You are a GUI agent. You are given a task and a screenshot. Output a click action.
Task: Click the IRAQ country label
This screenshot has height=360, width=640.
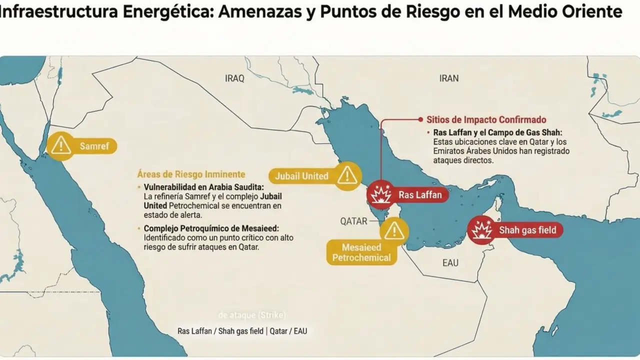(234, 78)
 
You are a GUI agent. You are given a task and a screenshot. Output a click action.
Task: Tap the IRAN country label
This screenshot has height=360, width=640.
(448, 78)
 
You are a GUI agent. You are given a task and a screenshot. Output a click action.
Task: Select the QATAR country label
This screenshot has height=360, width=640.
(354, 221)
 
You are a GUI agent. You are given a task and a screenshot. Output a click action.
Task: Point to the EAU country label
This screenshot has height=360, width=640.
(450, 263)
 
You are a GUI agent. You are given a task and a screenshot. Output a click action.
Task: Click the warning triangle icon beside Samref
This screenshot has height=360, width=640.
(60, 145)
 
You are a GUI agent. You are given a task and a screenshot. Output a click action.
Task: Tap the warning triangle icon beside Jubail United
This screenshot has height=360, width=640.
(346, 175)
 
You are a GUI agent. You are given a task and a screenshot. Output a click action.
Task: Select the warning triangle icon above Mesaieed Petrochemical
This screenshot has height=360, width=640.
(394, 230)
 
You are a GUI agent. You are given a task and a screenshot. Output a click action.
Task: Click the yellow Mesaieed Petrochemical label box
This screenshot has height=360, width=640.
(361, 252)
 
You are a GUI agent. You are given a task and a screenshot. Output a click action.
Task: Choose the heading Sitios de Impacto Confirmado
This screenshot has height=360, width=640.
(486, 120)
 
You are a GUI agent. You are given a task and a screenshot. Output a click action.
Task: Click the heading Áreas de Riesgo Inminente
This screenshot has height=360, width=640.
(191, 174)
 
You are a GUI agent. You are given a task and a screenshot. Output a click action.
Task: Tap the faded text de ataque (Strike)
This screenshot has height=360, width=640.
(252, 315)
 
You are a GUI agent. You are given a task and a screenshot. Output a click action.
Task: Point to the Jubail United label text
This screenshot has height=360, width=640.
(302, 176)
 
